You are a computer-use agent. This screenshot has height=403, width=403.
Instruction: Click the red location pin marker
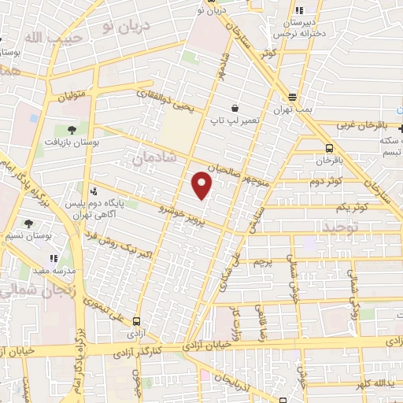203,186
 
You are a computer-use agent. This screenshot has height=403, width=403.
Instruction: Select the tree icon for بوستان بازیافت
72,129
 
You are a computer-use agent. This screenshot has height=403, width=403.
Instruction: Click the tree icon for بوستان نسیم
29,224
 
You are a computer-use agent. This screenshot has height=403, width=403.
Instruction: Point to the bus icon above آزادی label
138,321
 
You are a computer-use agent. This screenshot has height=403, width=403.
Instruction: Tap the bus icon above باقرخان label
328,147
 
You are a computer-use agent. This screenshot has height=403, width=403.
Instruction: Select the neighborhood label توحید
340,227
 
